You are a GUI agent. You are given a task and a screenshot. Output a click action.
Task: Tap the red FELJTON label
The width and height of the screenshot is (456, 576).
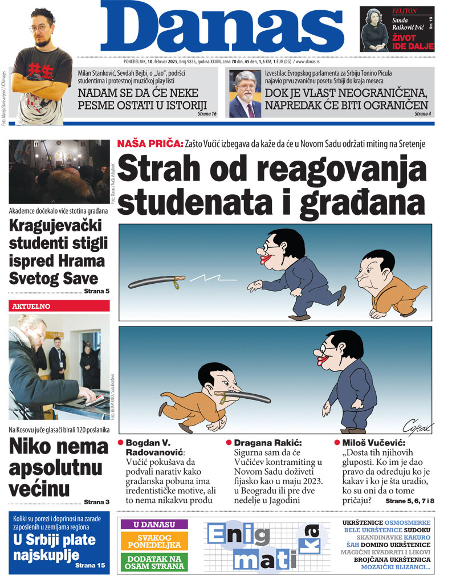tap(389, 11)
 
